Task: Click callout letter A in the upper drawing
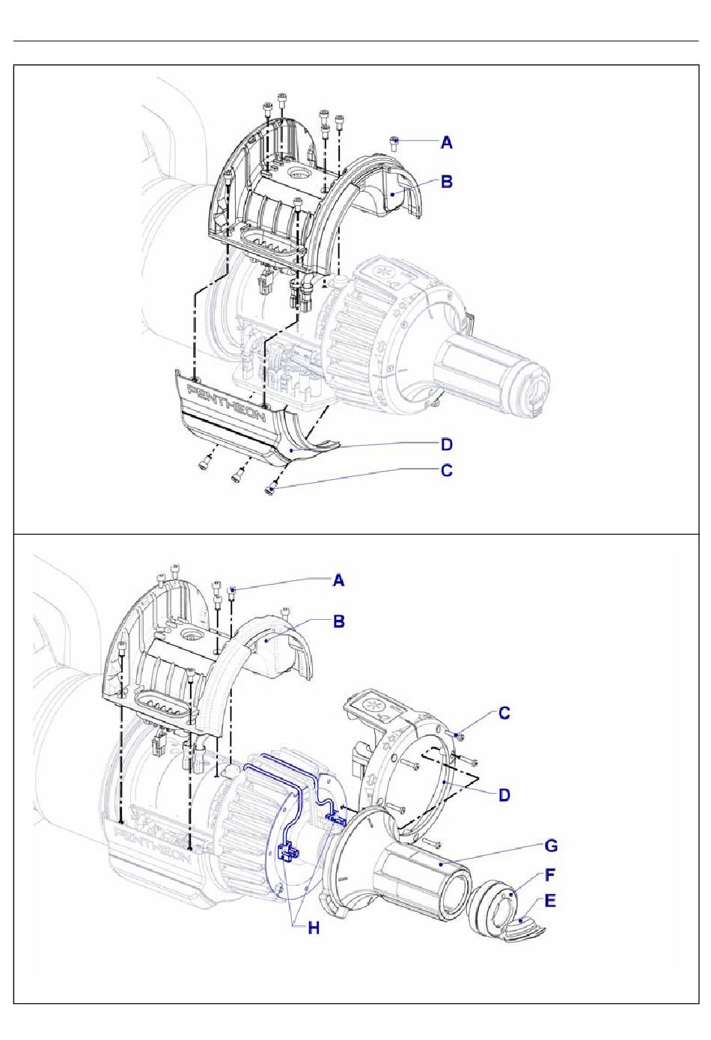click(447, 142)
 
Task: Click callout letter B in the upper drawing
click(447, 181)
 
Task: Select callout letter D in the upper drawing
click(447, 444)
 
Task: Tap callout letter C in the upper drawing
click(447, 470)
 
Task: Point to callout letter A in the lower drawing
click(339, 580)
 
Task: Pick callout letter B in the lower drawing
click(339, 621)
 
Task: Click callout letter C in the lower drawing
click(504, 713)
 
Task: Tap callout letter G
click(551, 846)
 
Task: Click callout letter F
click(550, 875)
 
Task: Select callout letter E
click(550, 901)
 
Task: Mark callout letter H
click(314, 928)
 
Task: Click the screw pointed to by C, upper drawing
click(271, 489)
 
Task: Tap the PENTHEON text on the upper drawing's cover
click(227, 402)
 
